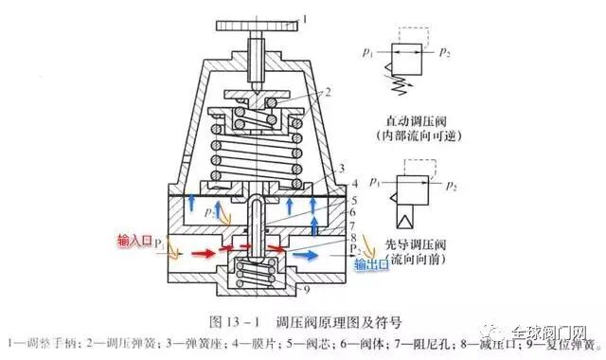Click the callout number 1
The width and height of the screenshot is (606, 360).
[x=305, y=17]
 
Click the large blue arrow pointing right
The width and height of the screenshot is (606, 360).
[x=307, y=254]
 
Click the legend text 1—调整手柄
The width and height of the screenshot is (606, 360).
[x=44, y=334]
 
